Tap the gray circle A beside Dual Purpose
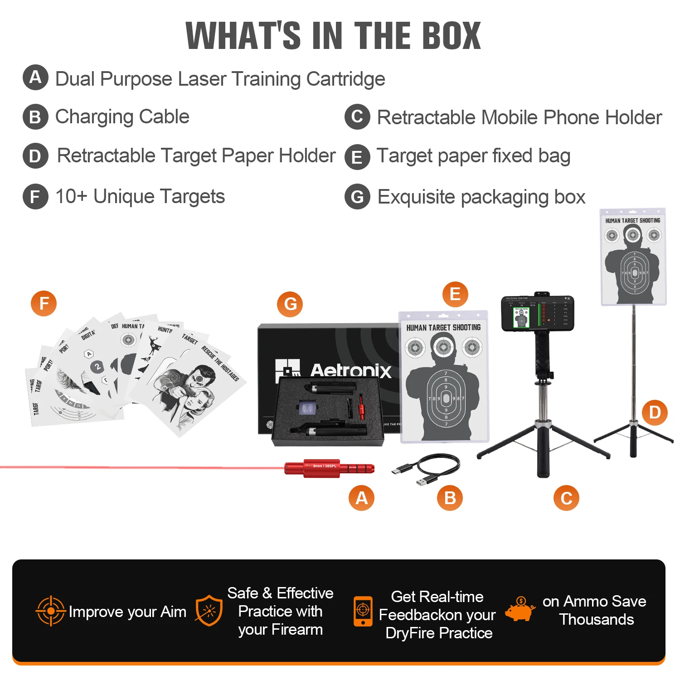(35, 78)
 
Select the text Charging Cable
(122, 117)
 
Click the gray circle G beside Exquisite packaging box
(357, 197)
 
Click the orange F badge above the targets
(44, 303)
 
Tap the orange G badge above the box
(290, 304)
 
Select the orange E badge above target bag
(455, 294)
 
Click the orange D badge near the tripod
(655, 413)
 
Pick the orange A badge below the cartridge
(361, 498)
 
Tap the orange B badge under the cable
(450, 498)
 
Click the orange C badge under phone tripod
(566, 498)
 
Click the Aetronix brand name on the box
(350, 371)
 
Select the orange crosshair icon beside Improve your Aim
(51, 611)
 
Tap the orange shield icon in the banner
(209, 611)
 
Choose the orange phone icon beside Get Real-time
(363, 611)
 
